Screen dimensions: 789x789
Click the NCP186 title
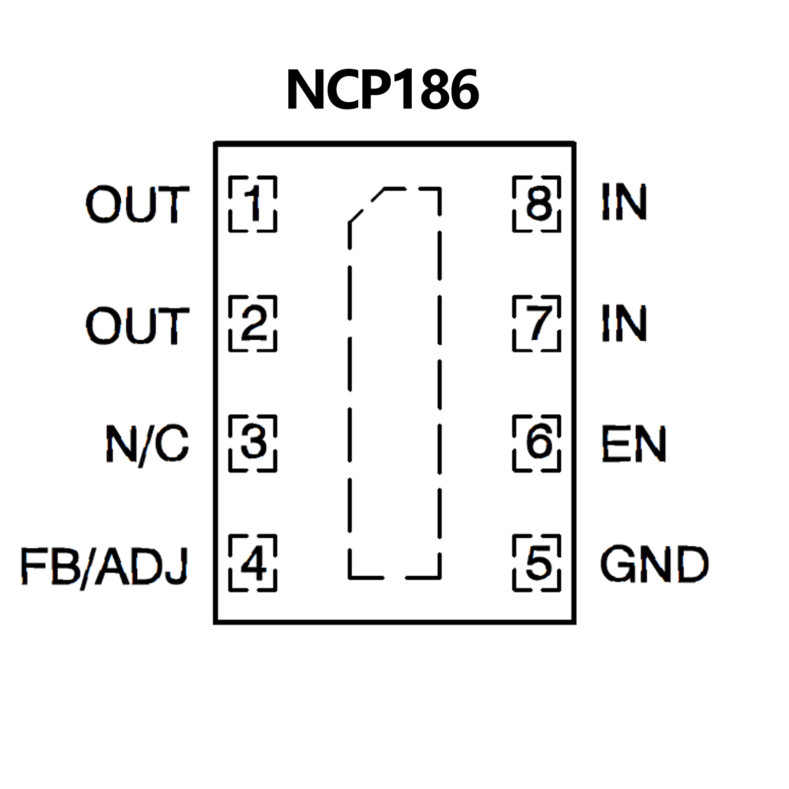click(x=383, y=90)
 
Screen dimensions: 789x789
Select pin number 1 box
click(x=252, y=204)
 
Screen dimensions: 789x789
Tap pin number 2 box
click(x=252, y=324)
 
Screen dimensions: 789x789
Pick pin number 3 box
click(x=252, y=443)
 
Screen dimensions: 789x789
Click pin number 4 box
click(x=252, y=563)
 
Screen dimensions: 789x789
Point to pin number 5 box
click(x=537, y=563)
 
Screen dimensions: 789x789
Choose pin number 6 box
click(x=537, y=443)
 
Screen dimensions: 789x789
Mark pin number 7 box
click(x=537, y=324)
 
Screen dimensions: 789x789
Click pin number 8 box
click(x=537, y=204)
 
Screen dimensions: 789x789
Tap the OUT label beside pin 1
click(x=137, y=205)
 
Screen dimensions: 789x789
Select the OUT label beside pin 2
click(x=137, y=325)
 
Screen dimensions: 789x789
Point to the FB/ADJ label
click(x=104, y=566)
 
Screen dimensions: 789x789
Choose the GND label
click(x=654, y=564)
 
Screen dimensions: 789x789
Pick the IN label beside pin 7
click(x=624, y=323)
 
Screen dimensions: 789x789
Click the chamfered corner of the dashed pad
click(x=366, y=206)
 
